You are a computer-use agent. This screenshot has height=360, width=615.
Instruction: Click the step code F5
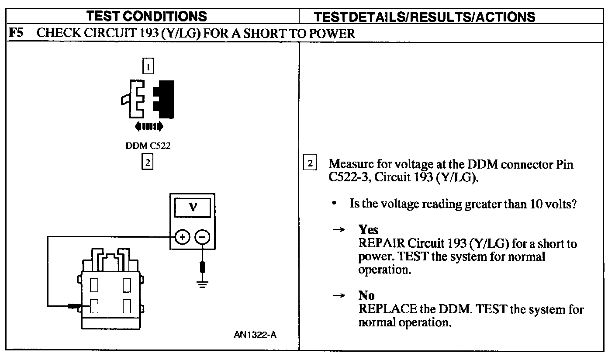16,33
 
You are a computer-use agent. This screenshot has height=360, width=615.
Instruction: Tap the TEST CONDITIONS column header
147,16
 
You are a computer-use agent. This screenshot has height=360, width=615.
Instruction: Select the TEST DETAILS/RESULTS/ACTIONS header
425,17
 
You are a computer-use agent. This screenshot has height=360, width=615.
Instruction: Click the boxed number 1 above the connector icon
148,66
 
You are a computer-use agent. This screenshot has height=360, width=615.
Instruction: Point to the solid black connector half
164,99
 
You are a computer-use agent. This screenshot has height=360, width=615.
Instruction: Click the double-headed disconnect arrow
149,127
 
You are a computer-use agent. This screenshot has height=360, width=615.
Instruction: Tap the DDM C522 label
148,145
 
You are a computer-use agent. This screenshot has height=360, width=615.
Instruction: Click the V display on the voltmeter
193,208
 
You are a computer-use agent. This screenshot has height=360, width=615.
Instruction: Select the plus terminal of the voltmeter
182,237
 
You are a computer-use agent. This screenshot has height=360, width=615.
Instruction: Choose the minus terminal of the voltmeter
202,237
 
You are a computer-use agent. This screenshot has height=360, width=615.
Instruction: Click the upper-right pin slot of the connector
127,285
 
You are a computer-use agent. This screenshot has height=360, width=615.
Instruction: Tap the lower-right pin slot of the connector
127,306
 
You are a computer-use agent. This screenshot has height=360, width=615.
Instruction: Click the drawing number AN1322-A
255,335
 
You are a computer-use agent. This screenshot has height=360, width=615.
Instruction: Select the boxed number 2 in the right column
310,163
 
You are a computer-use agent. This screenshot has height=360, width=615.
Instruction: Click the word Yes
368,229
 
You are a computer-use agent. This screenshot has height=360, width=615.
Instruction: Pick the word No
366,295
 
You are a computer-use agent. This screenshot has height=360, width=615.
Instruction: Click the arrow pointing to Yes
339,229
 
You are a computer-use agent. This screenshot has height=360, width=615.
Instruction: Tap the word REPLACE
388,309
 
